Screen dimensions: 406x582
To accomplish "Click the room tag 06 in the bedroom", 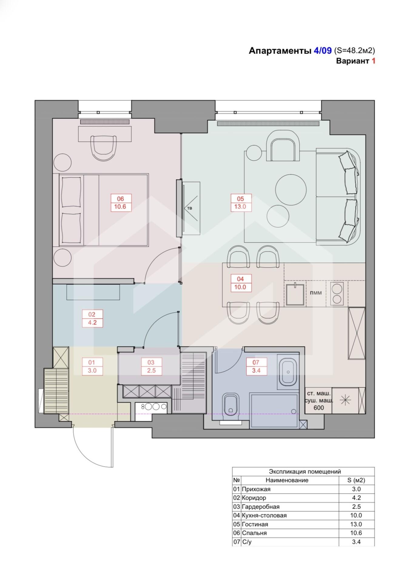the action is tap(120, 203).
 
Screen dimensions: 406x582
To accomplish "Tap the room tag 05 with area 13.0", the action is tap(240, 203).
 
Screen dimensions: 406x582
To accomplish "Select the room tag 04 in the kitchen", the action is tap(240, 283).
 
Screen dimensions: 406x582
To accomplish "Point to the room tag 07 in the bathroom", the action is tap(256, 366).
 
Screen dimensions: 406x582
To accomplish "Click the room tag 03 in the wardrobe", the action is tap(151, 366).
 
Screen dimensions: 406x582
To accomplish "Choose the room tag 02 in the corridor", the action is tap(92, 318).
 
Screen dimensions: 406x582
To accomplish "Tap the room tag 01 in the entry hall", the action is tap(92, 366).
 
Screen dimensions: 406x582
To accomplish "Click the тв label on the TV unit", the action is tap(190, 208).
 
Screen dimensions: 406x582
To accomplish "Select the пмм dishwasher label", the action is tap(316, 293).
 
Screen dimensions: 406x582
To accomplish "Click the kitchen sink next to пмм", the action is tap(295, 294).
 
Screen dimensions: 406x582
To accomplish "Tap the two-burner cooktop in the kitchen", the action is tap(337, 294).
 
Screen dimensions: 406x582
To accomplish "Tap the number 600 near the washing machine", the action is tap(319, 408).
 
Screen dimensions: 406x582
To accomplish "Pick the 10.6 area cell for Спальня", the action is tap(356, 533).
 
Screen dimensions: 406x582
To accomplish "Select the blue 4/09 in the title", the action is tap(323, 51).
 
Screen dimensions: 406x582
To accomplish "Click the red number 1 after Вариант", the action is tap(374, 61).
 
